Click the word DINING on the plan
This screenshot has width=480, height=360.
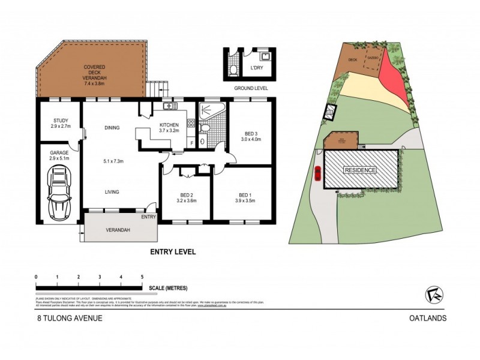[111, 127]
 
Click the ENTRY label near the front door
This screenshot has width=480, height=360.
[149, 217]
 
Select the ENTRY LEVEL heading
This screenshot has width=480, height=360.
[173, 253]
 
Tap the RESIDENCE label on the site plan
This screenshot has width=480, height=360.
[360, 170]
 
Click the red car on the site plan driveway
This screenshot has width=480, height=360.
[317, 173]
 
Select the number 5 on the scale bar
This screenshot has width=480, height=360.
[142, 277]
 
